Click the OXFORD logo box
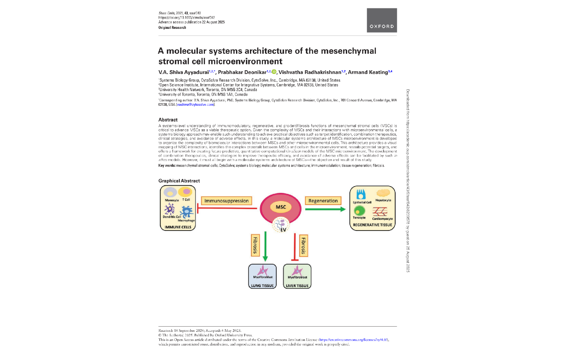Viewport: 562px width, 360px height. [382, 20]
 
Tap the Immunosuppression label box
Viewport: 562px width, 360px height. [226, 200]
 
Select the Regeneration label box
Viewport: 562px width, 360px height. [323, 200]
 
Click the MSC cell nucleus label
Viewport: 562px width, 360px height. [281, 207]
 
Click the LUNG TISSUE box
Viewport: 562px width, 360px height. [262, 276]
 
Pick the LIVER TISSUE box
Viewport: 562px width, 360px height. [297, 276]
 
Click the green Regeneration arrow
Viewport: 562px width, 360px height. [325, 209]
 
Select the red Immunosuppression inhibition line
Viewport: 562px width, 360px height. [227, 209]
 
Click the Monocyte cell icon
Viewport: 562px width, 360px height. [170, 192]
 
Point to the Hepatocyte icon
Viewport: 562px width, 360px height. [383, 193]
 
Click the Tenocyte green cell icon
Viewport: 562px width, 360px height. [359, 210]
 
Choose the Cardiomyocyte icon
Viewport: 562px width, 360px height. [380, 211]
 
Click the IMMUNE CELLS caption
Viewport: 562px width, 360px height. [178, 227]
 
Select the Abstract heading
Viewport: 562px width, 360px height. [168, 120]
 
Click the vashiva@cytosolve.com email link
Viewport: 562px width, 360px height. [195, 105]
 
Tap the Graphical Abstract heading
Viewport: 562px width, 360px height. [179, 181]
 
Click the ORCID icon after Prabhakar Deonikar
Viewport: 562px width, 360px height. [274, 72]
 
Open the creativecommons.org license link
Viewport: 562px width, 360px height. [353, 340]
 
